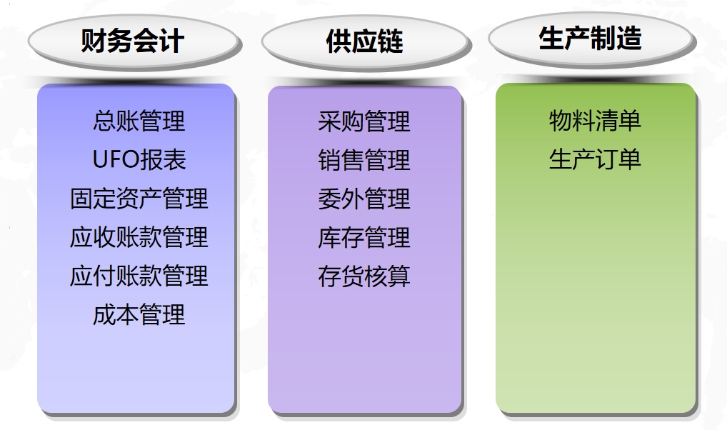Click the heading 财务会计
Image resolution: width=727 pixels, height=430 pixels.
(133, 41)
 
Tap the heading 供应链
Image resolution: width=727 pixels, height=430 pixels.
(364, 41)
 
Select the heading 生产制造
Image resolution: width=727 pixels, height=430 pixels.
(590, 38)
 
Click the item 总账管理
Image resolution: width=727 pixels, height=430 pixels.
(139, 121)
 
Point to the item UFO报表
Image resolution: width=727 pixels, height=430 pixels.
(139, 159)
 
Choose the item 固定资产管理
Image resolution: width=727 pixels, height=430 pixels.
(139, 199)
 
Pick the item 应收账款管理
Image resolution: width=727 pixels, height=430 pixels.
(139, 237)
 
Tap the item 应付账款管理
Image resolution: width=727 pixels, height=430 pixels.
(139, 276)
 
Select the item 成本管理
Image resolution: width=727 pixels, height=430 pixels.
(139, 314)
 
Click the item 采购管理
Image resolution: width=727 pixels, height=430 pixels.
(364, 121)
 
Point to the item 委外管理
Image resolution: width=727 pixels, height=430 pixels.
(364, 199)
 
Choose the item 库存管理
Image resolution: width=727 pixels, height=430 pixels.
(364, 237)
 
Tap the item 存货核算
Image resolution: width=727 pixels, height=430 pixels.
(364, 276)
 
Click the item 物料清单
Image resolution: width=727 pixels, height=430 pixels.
(596, 121)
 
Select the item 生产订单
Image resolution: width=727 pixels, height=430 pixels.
(596, 159)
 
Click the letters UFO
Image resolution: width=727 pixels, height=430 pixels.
(116, 160)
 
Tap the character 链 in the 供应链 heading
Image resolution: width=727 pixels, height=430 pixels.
(391, 41)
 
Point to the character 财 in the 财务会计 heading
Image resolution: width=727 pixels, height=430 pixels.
(94, 41)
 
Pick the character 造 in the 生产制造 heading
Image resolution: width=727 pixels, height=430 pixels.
(629, 38)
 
